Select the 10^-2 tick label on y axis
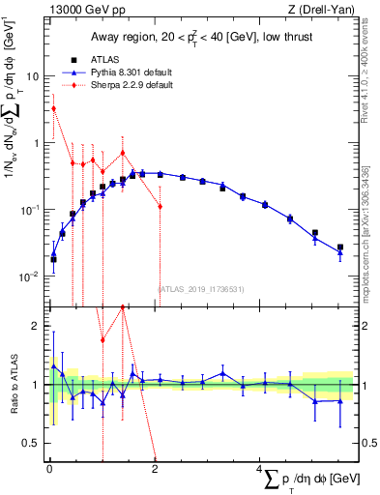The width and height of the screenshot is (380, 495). point(32,277)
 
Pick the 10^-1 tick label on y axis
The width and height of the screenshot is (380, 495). point(32,210)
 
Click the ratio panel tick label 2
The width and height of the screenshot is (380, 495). point(37,327)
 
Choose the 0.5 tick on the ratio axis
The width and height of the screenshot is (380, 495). point(32,443)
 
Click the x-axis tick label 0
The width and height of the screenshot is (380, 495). point(49,471)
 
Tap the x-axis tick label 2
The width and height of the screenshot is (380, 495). point(155,471)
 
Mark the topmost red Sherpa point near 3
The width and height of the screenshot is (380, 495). point(53,108)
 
